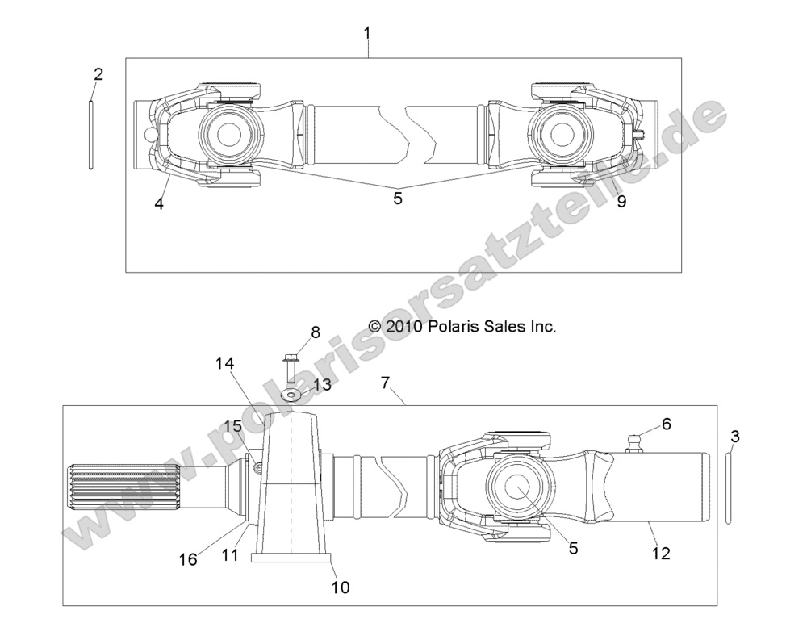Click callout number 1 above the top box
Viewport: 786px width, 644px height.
click(367, 34)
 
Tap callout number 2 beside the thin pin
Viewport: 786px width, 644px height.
click(98, 75)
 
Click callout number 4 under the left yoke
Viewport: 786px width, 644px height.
click(159, 204)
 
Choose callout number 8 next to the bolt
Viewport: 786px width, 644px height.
click(316, 332)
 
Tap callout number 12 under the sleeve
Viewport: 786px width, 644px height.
click(661, 554)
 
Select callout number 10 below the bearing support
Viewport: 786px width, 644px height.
click(341, 587)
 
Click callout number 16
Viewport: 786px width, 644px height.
click(187, 558)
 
